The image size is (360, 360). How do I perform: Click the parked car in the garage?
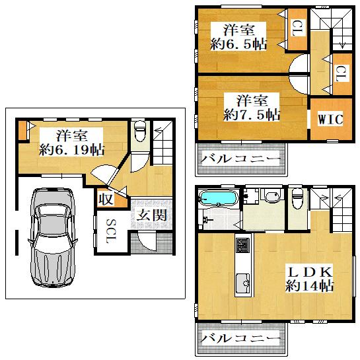point(53,238)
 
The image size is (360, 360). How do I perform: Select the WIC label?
point(331,119)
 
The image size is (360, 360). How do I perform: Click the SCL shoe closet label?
point(112,231)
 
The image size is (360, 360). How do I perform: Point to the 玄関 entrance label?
point(152,215)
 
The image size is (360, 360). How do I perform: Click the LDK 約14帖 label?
point(309,279)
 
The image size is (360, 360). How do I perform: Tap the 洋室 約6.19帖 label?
point(71,143)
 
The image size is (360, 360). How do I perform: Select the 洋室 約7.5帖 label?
point(252,108)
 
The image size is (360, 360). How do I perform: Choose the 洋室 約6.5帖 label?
point(238,37)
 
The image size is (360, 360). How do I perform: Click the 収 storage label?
point(106,199)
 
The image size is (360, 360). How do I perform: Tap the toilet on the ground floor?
point(140,131)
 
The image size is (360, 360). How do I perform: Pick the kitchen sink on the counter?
point(243,283)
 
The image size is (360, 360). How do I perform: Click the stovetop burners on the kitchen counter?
point(242,245)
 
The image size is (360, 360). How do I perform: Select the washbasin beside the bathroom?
point(272,196)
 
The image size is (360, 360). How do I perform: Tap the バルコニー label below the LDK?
point(240,338)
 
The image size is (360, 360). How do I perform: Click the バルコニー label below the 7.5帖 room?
point(240,159)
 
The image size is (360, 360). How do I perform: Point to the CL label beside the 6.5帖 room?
point(297,28)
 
